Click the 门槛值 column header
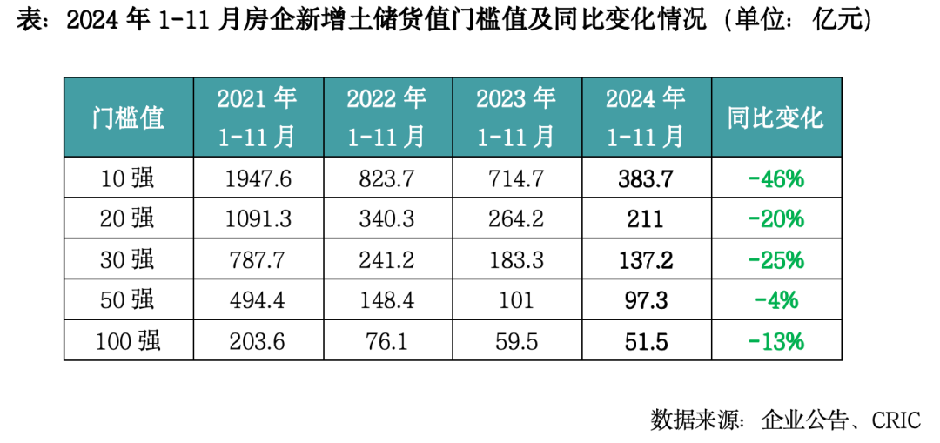tap(128, 117)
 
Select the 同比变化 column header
tap(775, 117)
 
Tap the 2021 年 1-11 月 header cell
tap(258, 117)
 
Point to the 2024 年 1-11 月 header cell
tap(646, 117)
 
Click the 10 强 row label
tap(128, 179)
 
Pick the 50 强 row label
tap(128, 300)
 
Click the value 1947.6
tap(258, 179)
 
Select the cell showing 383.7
tap(646, 179)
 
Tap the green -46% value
tap(775, 179)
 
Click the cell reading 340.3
tap(386, 219)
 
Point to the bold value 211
tap(646, 219)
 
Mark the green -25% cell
tap(775, 260)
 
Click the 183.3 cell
tap(516, 260)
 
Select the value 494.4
tap(258, 300)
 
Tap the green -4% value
tap(775, 300)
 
